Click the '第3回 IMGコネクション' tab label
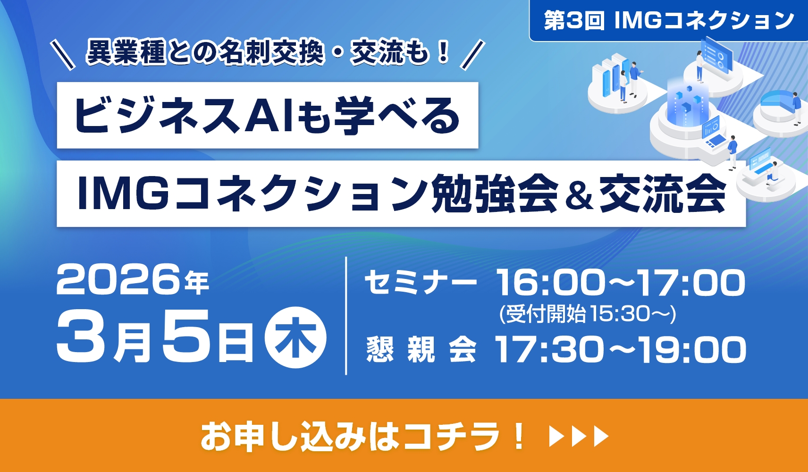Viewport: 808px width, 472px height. click(668, 21)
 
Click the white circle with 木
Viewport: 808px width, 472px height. click(295, 337)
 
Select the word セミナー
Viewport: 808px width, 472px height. click(420, 283)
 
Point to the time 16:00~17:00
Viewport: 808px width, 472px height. click(621, 283)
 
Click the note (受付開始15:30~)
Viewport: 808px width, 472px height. click(588, 314)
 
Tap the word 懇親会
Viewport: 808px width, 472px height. click(421, 350)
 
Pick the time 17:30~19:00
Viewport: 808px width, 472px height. click(621, 350)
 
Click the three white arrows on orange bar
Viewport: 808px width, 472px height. click(579, 437)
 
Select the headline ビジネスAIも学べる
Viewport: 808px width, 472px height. click(267, 116)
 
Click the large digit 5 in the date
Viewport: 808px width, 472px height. click(185, 336)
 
